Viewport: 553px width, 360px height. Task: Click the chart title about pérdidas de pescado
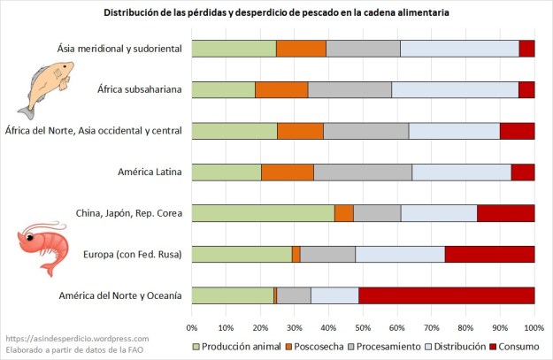point(275,13)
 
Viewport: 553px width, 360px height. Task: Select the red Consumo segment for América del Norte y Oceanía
point(446,295)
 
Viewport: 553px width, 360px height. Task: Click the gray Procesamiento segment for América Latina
point(363,172)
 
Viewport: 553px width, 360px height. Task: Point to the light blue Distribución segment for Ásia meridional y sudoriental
point(459,49)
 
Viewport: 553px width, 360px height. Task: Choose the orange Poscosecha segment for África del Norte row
point(300,131)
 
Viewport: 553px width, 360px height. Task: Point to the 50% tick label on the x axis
point(364,317)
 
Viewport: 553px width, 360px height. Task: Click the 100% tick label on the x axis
point(533,317)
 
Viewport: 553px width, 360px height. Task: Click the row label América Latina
point(150,172)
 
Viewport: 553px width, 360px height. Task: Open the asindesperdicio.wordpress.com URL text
point(76,338)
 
